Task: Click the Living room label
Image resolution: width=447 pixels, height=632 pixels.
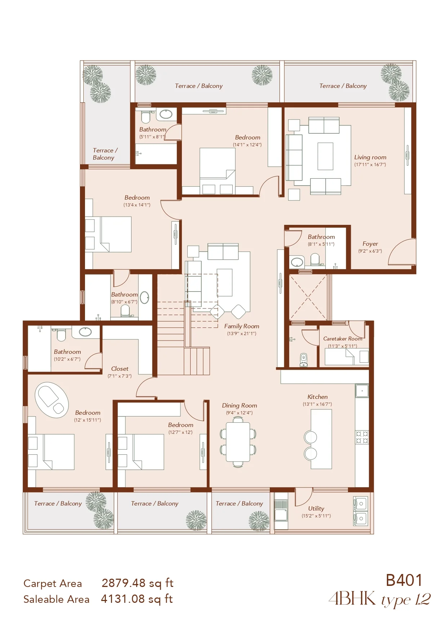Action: click(370, 157)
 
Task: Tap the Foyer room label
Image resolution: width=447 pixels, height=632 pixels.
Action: click(370, 244)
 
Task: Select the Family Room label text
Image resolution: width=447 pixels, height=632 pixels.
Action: click(242, 326)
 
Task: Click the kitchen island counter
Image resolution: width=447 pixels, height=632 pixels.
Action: click(321, 439)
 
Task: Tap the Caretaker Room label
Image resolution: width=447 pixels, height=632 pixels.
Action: click(343, 339)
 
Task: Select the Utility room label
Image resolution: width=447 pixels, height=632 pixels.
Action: click(316, 508)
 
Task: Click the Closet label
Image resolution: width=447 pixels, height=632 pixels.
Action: click(120, 369)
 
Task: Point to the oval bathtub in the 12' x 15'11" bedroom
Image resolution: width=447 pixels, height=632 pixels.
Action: click(52, 400)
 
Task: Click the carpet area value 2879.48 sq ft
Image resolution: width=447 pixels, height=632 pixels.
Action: click(138, 583)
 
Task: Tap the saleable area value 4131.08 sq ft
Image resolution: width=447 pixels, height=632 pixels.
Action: click(137, 599)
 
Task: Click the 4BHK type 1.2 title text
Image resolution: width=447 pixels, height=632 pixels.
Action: click(380, 599)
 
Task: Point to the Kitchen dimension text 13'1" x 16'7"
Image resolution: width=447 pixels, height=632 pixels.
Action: click(317, 404)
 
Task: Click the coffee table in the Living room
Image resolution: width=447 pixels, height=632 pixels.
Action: click(325, 156)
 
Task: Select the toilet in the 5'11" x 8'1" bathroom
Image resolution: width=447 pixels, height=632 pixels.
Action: click(146, 116)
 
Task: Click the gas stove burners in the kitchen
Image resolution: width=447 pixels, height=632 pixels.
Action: click(362, 437)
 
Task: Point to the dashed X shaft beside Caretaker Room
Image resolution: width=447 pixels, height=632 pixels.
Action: click(308, 298)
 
